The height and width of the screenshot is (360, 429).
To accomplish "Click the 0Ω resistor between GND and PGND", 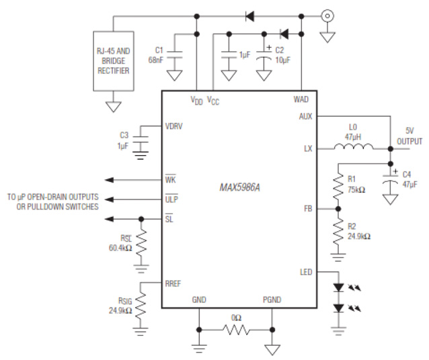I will [236, 330].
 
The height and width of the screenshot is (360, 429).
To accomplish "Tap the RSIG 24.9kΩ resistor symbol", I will [141, 304].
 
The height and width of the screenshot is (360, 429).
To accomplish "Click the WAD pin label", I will [301, 99].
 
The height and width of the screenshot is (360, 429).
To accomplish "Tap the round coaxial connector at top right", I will [328, 15].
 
